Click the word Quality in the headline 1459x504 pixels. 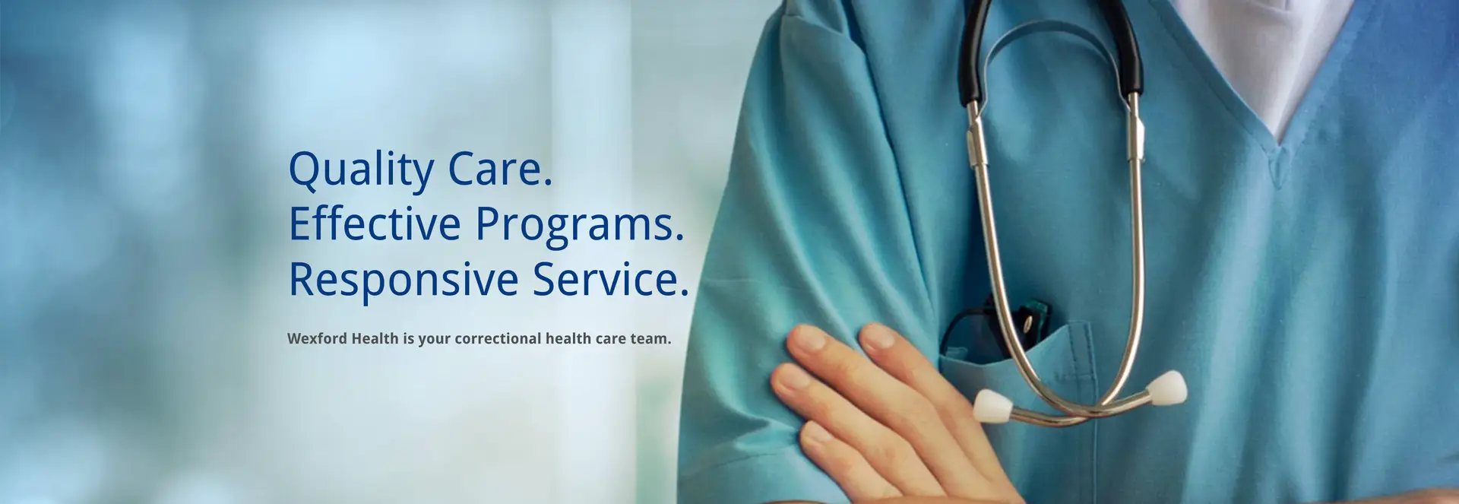361,170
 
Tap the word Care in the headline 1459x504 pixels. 500,168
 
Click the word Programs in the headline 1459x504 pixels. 580,226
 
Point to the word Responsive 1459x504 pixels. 404,281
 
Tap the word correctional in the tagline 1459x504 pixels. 498,338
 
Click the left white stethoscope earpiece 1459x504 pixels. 992,405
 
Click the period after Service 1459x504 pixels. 684,293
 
